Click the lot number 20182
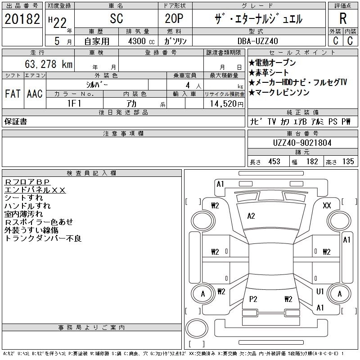coord(22,19)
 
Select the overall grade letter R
coord(343,18)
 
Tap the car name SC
coord(117,18)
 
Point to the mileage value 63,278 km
coord(49,64)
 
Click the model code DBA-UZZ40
coord(257,41)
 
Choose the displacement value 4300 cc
coord(141,41)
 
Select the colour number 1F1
coord(74,103)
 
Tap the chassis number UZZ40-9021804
coord(302,143)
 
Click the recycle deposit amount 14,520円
coord(226,104)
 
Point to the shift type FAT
coord(13,94)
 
